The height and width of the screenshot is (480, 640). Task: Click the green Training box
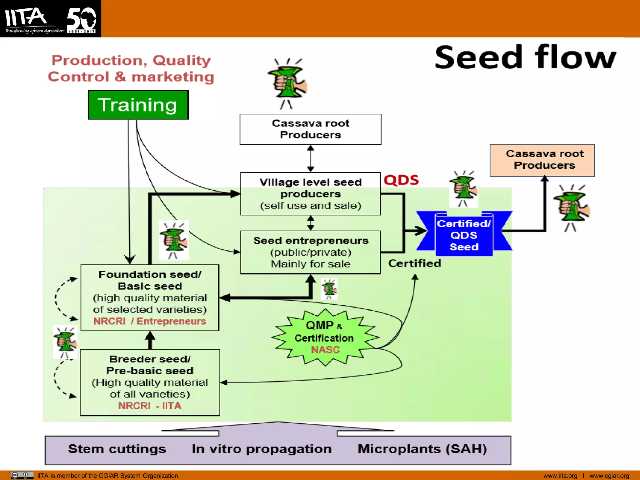tap(138, 105)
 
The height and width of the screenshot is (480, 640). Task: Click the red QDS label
tap(401, 180)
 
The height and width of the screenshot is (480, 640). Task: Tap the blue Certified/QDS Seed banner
tap(464, 235)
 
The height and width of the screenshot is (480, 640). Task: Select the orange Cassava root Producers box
tap(542, 160)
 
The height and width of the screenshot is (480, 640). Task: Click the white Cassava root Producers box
tap(310, 129)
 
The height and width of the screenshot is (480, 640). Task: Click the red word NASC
tap(325, 350)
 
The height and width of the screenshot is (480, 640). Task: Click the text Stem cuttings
tap(117, 449)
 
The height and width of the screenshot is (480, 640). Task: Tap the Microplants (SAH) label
tap(422, 449)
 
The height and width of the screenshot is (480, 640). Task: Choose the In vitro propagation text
tap(262, 449)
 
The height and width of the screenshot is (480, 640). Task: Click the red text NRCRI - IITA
tap(150, 406)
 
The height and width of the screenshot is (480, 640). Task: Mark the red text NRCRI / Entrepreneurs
tap(150, 321)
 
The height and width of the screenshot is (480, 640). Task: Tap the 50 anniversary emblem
tap(81, 19)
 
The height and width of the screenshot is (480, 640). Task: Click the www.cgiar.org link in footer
tap(609, 476)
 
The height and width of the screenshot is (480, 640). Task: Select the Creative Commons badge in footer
tap(22, 475)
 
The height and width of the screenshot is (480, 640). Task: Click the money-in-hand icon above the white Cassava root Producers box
tap(287, 83)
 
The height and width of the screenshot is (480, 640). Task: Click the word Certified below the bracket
tap(414, 263)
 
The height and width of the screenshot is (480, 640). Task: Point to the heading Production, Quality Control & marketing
tap(131, 68)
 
